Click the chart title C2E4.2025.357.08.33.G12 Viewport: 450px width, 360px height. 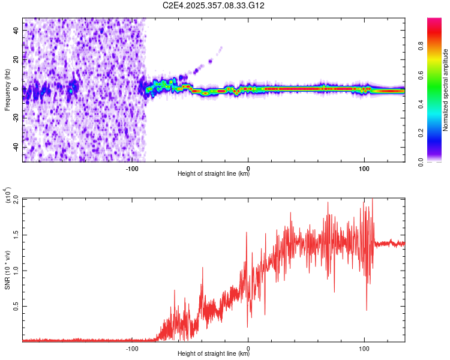[x=214, y=5]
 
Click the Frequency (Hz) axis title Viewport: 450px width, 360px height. [x=7, y=90]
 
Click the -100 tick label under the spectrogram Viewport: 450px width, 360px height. [x=133, y=169]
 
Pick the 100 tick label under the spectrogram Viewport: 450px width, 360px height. [x=364, y=169]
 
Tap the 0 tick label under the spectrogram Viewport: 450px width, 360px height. [x=248, y=169]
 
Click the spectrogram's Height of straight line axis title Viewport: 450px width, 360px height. [x=214, y=175]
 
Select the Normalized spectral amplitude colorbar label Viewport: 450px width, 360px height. [x=446, y=90]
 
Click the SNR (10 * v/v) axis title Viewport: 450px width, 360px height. [x=7, y=270]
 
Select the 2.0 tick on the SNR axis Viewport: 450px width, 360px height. [x=16, y=199]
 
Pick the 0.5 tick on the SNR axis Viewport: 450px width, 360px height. [x=16, y=306]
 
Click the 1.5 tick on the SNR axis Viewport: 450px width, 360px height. [x=16, y=235]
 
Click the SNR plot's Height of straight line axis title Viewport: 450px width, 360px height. [x=214, y=354]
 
